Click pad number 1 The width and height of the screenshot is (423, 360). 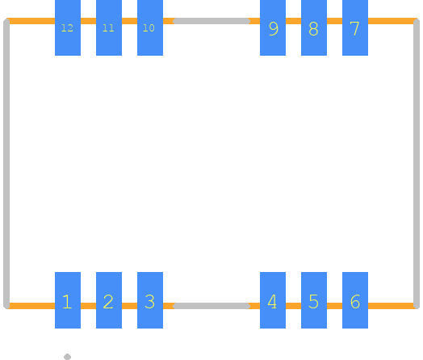click(68, 300)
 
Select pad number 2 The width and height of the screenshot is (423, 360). click(109, 300)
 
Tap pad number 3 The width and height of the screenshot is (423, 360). click(150, 300)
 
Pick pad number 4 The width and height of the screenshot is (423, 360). click(273, 300)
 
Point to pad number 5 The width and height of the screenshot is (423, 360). click(314, 300)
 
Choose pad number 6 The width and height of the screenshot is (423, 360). click(355, 300)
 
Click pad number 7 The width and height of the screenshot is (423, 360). click(355, 27)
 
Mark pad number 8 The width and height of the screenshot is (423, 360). click(314, 27)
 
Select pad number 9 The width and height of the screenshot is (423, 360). click(273, 27)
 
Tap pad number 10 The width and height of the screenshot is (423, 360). click(150, 27)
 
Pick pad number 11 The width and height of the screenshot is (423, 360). click(109, 27)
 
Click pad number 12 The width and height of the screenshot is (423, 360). click(68, 27)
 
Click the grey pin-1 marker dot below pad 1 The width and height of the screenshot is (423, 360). click(68, 357)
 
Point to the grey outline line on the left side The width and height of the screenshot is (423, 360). click(6, 163)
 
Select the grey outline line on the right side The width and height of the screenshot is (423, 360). click(417, 163)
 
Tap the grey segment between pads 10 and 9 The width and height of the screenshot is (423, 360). click(211, 21)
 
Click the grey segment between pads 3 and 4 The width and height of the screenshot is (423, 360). click(211, 306)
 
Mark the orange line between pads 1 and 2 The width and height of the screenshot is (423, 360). click(89, 306)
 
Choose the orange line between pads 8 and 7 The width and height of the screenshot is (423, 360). click(334, 21)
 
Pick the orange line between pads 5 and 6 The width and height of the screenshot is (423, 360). click(334, 306)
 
